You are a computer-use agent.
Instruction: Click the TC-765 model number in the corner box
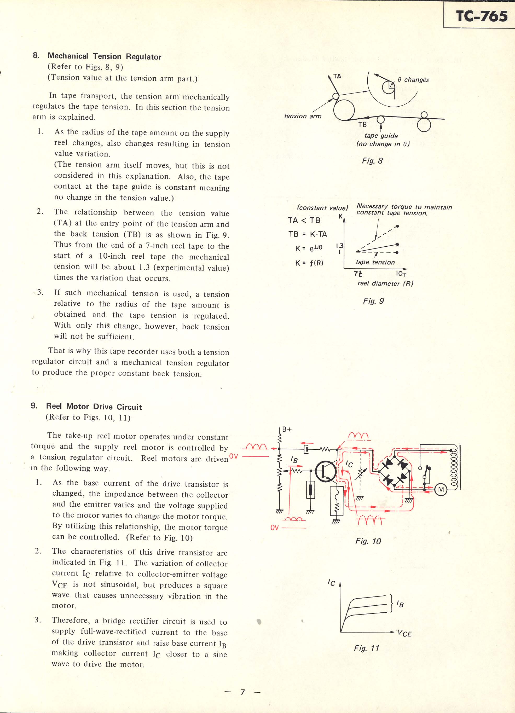point(481,16)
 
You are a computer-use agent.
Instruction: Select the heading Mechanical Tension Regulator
point(104,57)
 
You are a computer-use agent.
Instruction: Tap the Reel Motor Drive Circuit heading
point(94,407)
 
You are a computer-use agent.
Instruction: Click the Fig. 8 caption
point(372,161)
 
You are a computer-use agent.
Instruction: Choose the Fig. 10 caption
point(368,541)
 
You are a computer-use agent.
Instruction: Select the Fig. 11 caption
point(367,648)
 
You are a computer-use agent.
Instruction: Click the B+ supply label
point(287,430)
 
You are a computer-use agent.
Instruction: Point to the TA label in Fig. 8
point(337,76)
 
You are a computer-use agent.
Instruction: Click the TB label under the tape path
point(362,124)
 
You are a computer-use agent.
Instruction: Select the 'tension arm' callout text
point(303,116)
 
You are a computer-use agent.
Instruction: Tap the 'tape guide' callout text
point(381,136)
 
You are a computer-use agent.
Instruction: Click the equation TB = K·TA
point(308,234)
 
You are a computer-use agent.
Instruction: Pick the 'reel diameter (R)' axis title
point(385,283)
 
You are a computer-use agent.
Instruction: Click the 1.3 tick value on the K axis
point(340,246)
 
